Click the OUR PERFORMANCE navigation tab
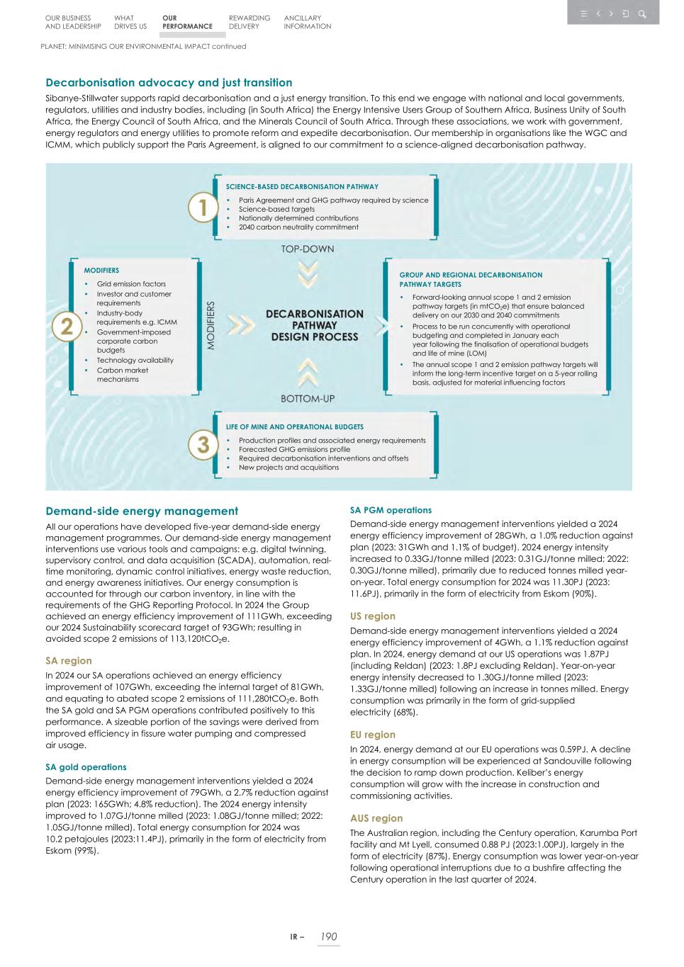(186, 22)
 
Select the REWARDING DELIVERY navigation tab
(249, 22)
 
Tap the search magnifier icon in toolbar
(641, 13)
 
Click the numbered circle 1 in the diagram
(203, 208)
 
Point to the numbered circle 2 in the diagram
(67, 327)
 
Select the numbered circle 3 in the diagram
(203, 445)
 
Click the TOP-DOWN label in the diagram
(308, 249)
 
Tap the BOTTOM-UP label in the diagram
(308, 399)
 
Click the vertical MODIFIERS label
(211, 325)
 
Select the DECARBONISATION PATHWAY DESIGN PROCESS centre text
(314, 325)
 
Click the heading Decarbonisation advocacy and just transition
(169, 83)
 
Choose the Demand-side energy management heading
(142, 511)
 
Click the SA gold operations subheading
(86, 767)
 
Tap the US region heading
(373, 616)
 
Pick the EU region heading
(373, 735)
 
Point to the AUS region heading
(376, 818)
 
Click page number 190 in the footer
(328, 937)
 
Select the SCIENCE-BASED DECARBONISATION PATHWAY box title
(302, 187)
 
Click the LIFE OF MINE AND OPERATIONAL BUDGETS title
(295, 427)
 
